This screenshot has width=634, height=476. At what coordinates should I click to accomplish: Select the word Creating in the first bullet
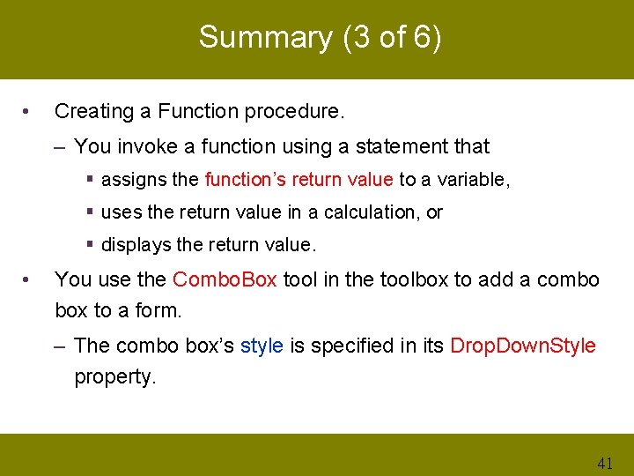click(x=91, y=111)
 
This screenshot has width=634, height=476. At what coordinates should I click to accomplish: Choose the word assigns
click(x=135, y=180)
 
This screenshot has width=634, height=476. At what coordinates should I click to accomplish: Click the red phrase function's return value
click(x=299, y=180)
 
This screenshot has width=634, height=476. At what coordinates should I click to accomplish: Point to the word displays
click(x=134, y=244)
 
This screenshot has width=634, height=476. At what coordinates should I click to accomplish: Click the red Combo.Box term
click(x=225, y=280)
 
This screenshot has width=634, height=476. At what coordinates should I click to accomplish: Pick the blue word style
click(x=262, y=346)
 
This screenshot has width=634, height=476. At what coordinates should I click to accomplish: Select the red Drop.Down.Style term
click(x=523, y=346)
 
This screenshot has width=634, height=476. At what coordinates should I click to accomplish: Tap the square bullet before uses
click(x=92, y=212)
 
